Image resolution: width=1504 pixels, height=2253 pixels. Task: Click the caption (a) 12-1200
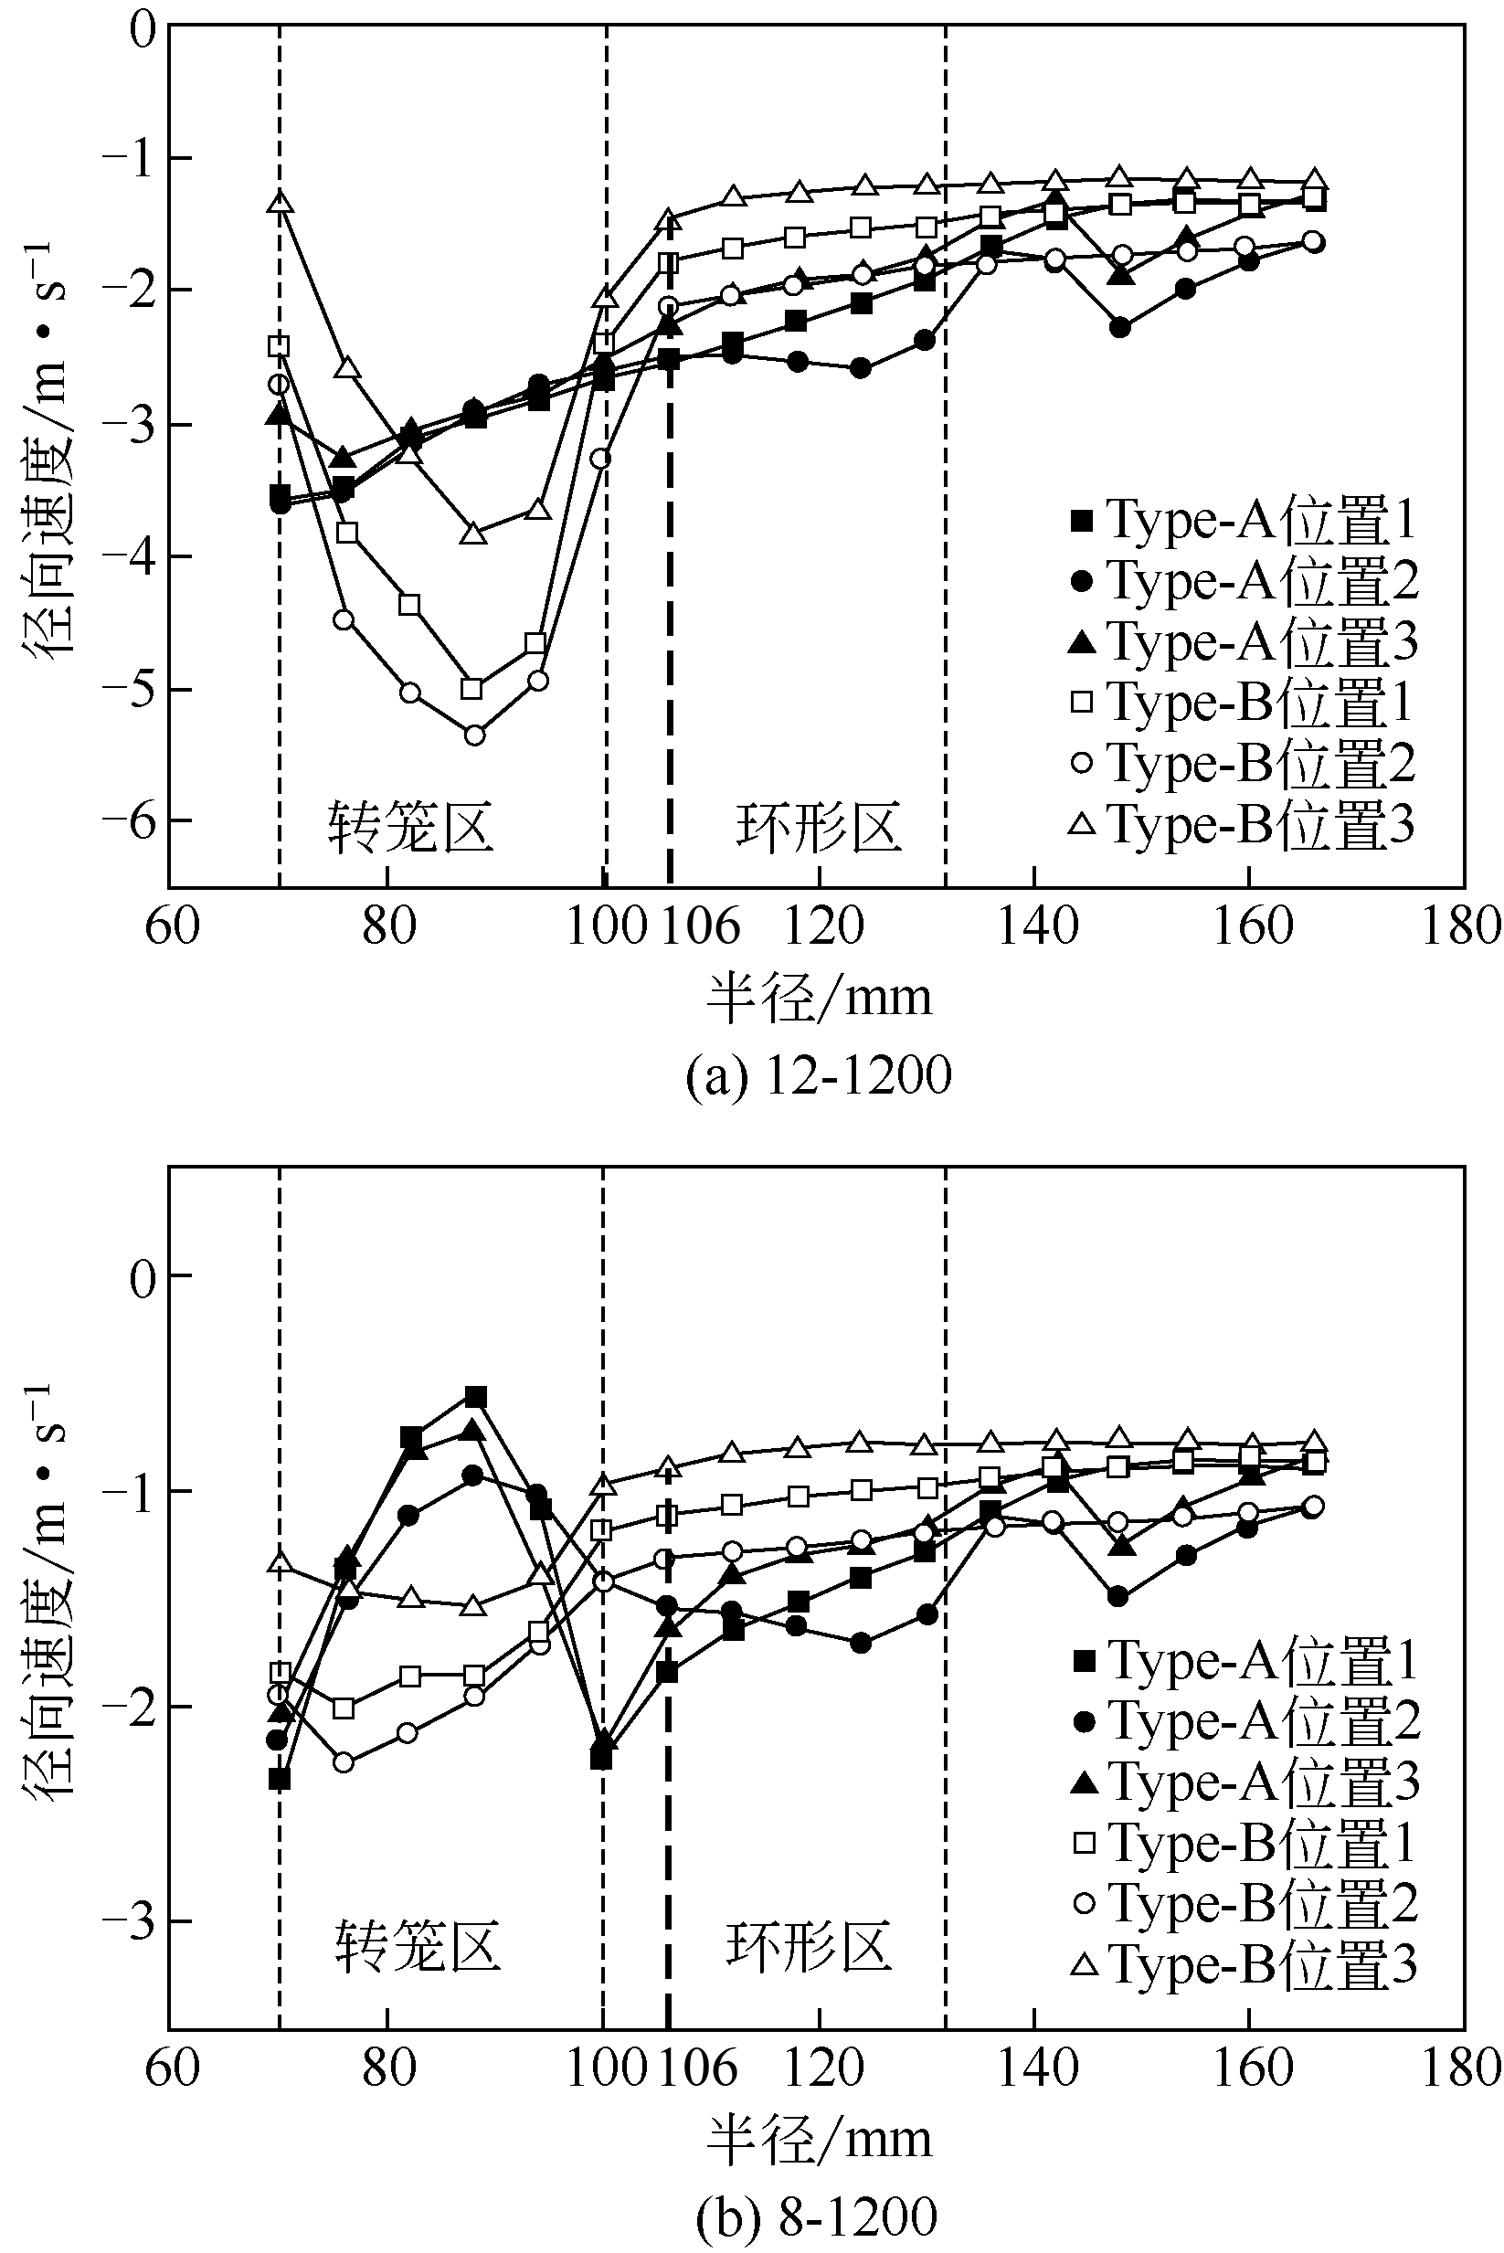(818, 1075)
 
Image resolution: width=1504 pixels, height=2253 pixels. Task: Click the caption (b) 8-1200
(818, 2216)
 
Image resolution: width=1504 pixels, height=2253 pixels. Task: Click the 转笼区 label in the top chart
(410, 827)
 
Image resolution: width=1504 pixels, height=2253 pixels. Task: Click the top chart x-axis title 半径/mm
(818, 998)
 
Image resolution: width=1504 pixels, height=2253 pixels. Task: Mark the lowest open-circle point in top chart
(474, 735)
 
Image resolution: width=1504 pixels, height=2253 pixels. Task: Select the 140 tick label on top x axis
(1034, 926)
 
